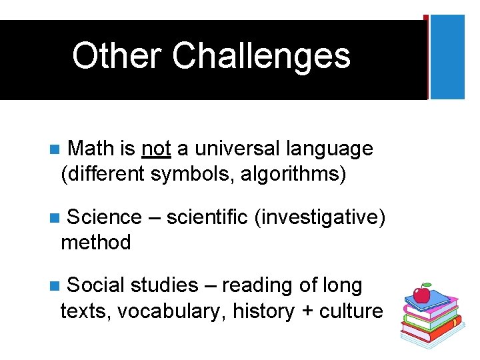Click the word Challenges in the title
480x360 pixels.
(x=261, y=56)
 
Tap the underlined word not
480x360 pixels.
(x=157, y=148)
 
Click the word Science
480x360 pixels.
(x=104, y=217)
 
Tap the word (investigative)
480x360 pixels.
(x=319, y=217)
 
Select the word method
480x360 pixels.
(x=96, y=242)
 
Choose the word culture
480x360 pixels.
(x=350, y=311)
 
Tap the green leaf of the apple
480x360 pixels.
(x=427, y=285)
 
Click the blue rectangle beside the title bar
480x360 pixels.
(x=447, y=57)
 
